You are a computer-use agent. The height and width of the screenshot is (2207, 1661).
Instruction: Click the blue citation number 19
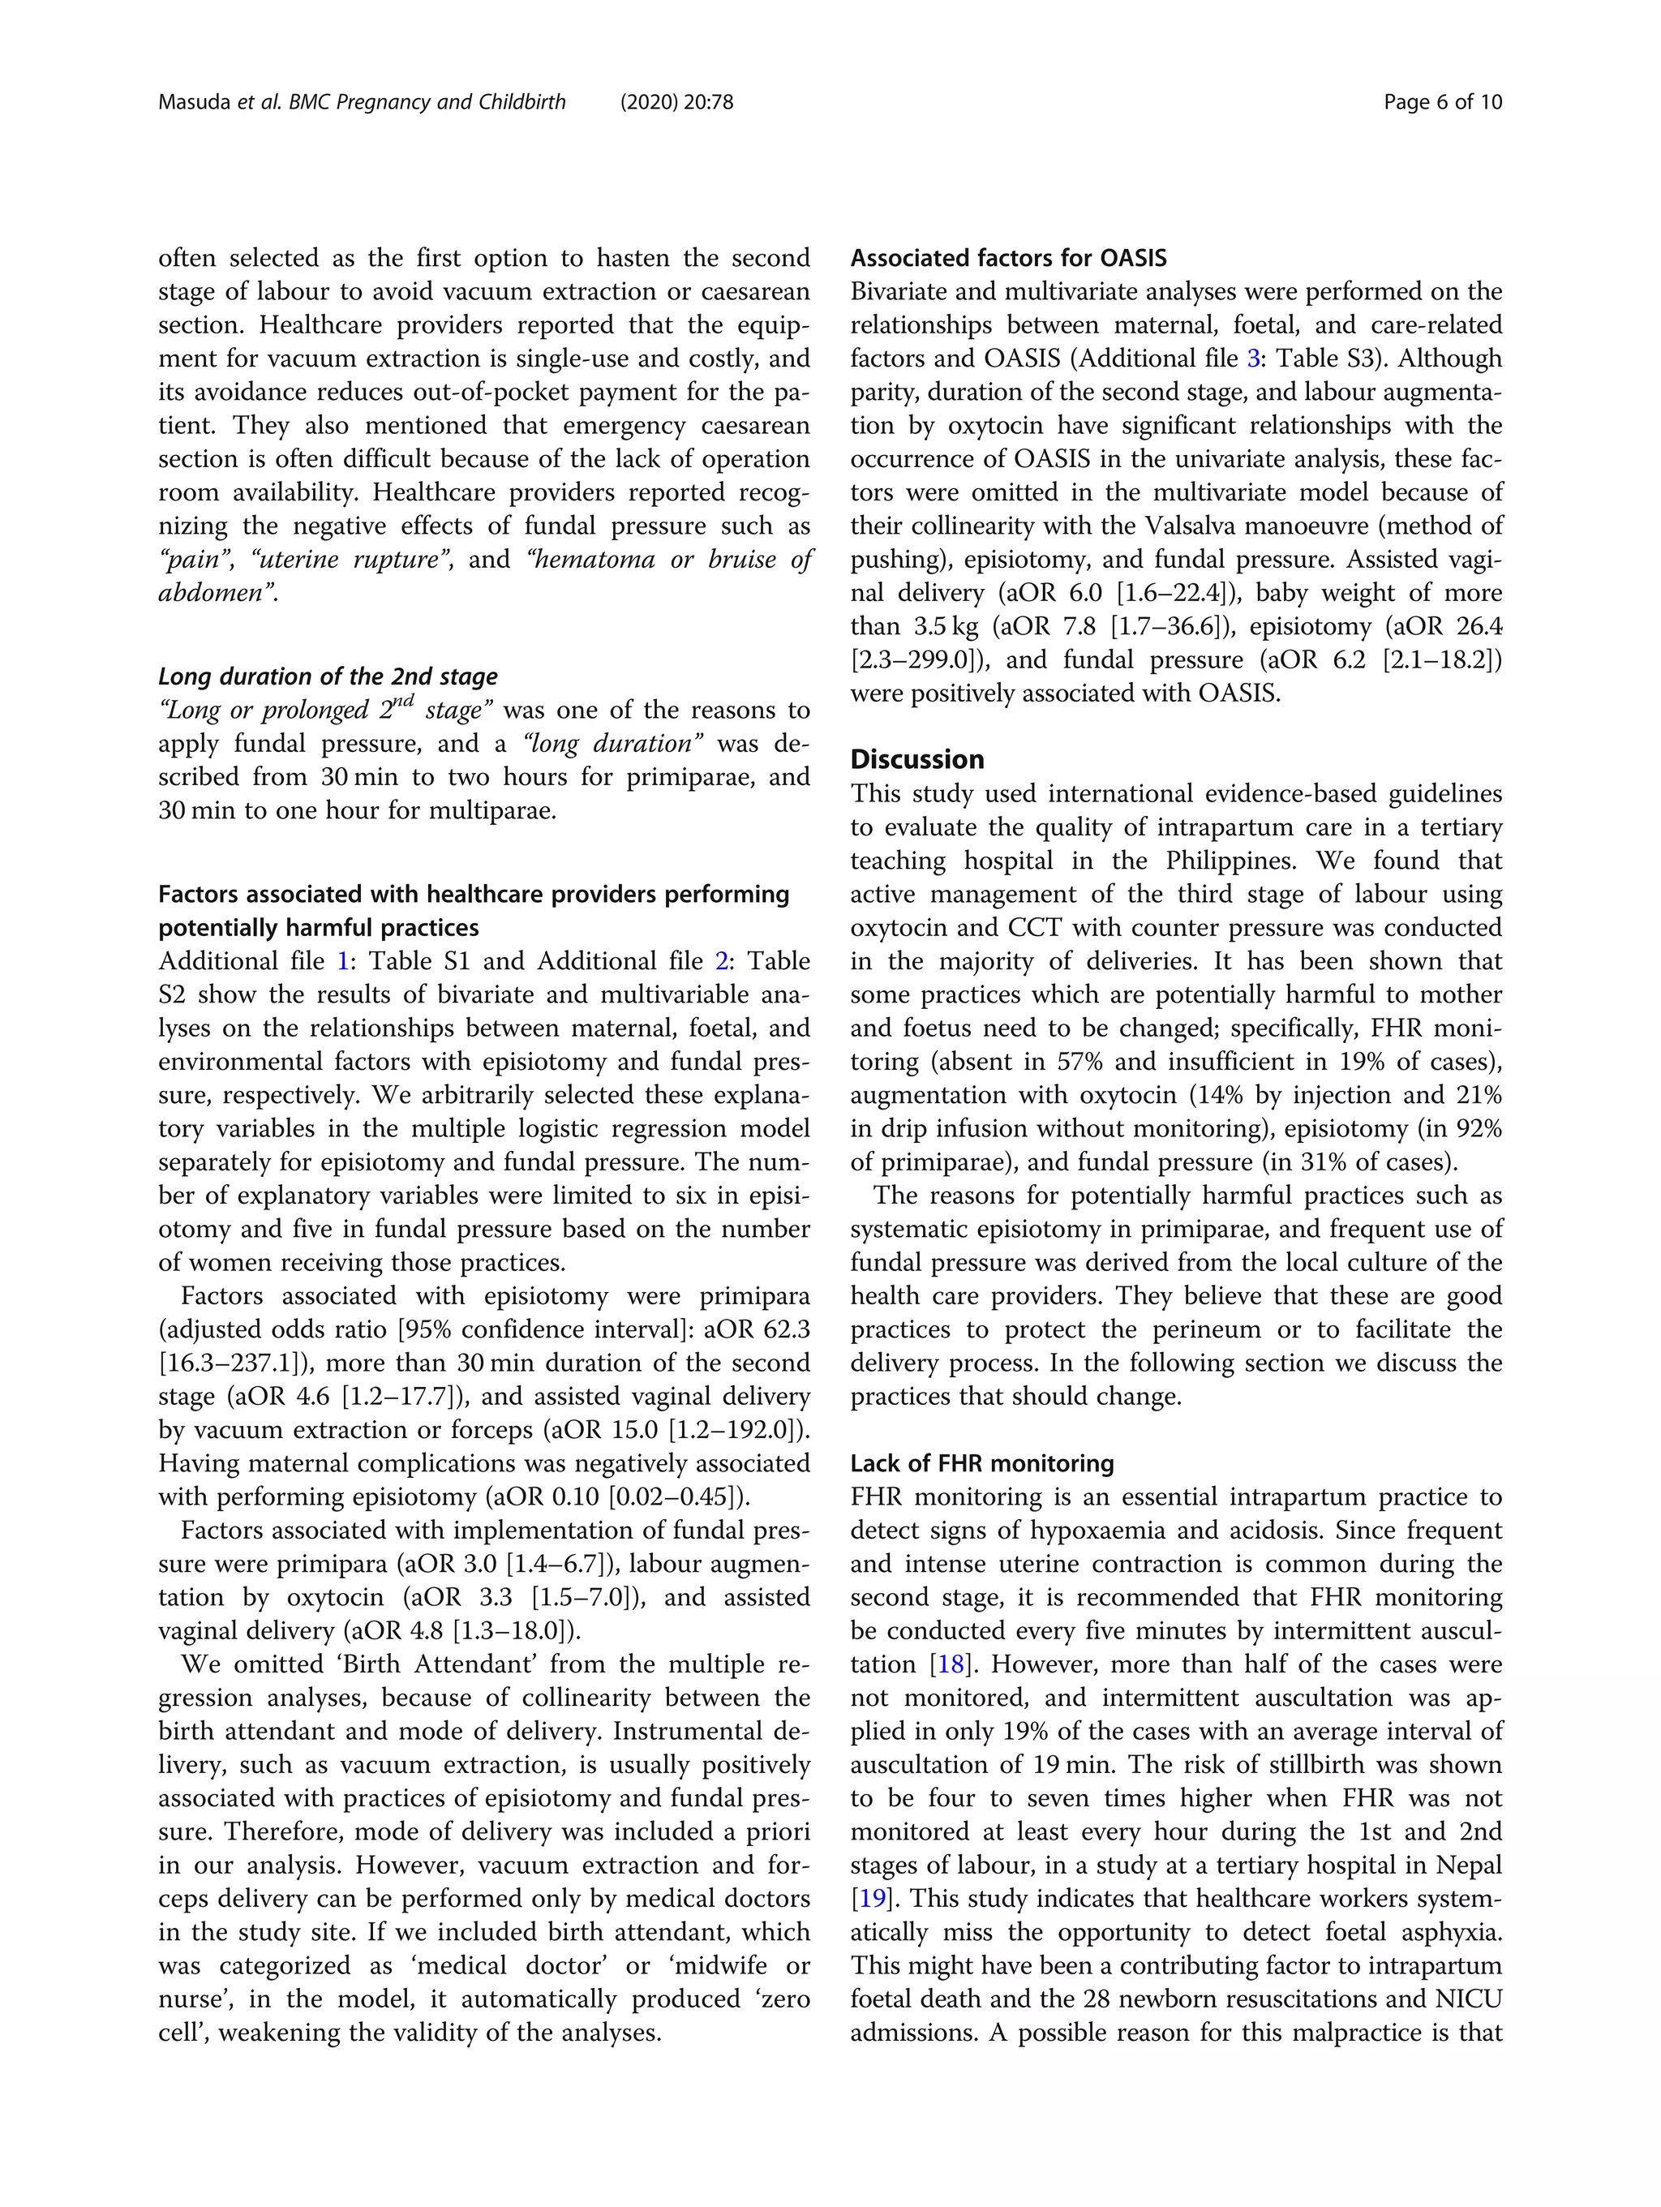pos(872,1899)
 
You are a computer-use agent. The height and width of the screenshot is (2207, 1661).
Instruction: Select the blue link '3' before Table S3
pos(1253,359)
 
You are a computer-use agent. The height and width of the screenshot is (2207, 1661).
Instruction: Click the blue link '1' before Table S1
pos(343,962)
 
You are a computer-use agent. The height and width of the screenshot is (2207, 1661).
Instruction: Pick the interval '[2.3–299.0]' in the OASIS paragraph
pos(918,660)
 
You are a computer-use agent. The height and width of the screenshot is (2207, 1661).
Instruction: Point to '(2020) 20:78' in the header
pos(676,101)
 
